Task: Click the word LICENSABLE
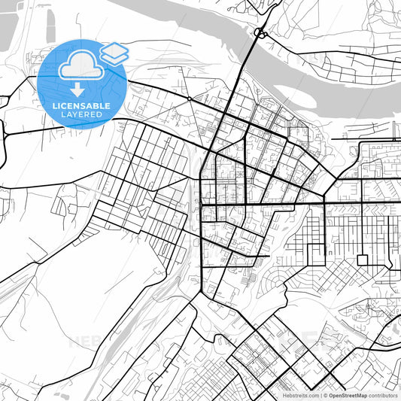pos(82,106)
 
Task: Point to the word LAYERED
pos(82,114)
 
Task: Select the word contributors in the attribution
pos(383,395)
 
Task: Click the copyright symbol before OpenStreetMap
pos(325,395)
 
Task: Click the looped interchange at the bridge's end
pos(261,33)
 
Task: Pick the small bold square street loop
pos(363,260)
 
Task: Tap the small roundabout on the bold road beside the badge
pos(189,98)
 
